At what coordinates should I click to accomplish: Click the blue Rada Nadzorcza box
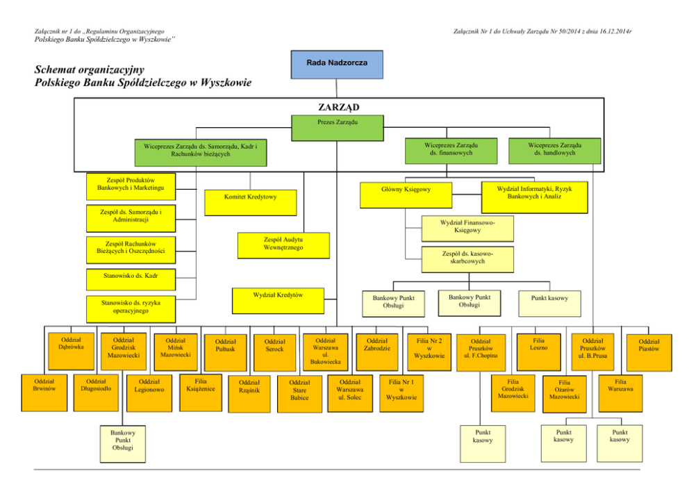[337, 64]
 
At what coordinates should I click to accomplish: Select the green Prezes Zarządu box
[337, 126]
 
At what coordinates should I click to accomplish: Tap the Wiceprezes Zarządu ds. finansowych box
[451, 151]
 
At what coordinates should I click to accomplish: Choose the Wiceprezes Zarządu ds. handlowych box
[554, 151]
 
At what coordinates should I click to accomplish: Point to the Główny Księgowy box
[406, 194]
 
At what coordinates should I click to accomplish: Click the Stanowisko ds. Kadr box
[129, 276]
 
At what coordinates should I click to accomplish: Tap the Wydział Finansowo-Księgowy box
[467, 227]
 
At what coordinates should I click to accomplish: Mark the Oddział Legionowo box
[149, 393]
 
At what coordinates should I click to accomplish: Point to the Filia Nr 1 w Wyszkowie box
[401, 393]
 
